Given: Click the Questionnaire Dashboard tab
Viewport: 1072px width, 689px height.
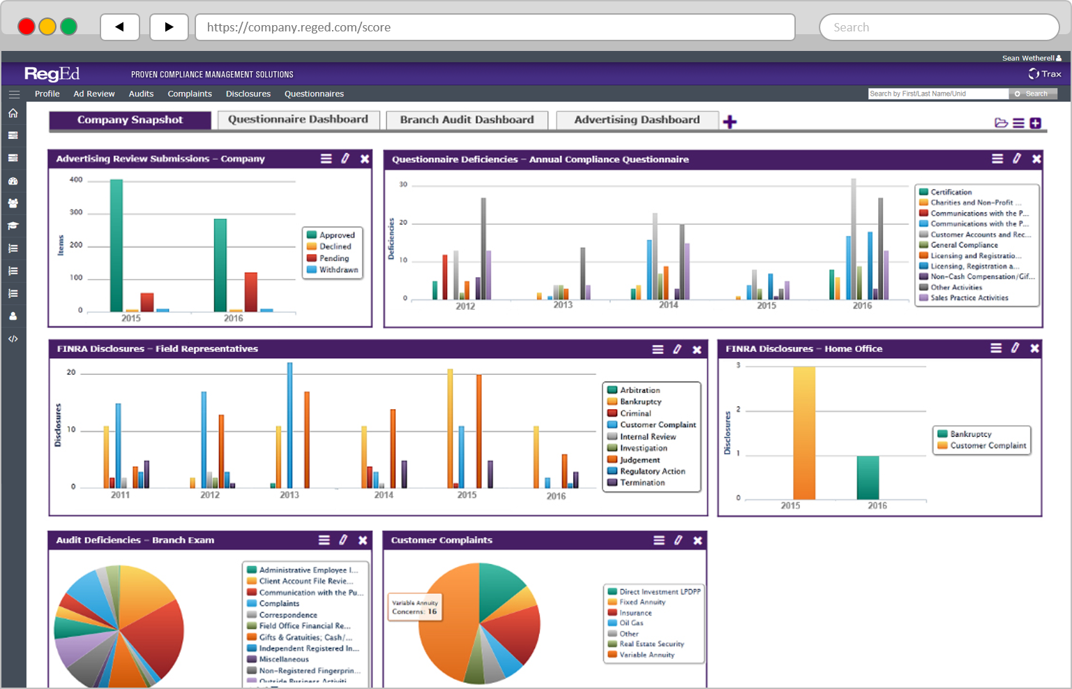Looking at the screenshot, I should coord(298,119).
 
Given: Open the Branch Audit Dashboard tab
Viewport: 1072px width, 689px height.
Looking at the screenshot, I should coord(467,120).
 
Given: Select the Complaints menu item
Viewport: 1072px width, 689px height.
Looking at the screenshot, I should coord(190,94).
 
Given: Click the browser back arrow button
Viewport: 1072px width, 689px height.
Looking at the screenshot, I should coord(120,27).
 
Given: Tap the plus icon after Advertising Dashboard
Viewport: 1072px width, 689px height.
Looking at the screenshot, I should coord(730,122).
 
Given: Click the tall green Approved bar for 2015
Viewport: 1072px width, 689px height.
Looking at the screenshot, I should coord(116,244).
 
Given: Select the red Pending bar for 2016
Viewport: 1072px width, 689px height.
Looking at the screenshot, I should coord(250,291).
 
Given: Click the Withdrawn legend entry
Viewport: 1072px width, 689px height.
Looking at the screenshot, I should coord(338,269).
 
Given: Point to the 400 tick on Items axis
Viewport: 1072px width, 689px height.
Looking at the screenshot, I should coord(76,179).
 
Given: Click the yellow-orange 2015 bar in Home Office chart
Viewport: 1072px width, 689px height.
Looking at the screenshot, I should coord(803,433).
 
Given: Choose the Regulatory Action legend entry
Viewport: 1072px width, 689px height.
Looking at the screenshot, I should coord(652,471).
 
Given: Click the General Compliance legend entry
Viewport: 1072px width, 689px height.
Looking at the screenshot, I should coord(963,245).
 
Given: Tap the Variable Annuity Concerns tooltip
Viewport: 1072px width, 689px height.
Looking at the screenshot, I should coord(415,607).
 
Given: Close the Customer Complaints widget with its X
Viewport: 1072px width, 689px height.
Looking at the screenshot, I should coord(697,540).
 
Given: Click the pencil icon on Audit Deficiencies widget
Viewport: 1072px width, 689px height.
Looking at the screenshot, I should coord(343,540).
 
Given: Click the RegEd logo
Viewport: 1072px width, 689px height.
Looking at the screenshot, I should coord(52,73).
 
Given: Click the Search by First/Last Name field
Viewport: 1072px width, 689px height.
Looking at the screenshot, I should coord(937,94).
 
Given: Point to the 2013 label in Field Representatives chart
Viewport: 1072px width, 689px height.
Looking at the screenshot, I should coord(289,495).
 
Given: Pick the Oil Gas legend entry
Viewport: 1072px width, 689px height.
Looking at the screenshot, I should coord(631,623).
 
